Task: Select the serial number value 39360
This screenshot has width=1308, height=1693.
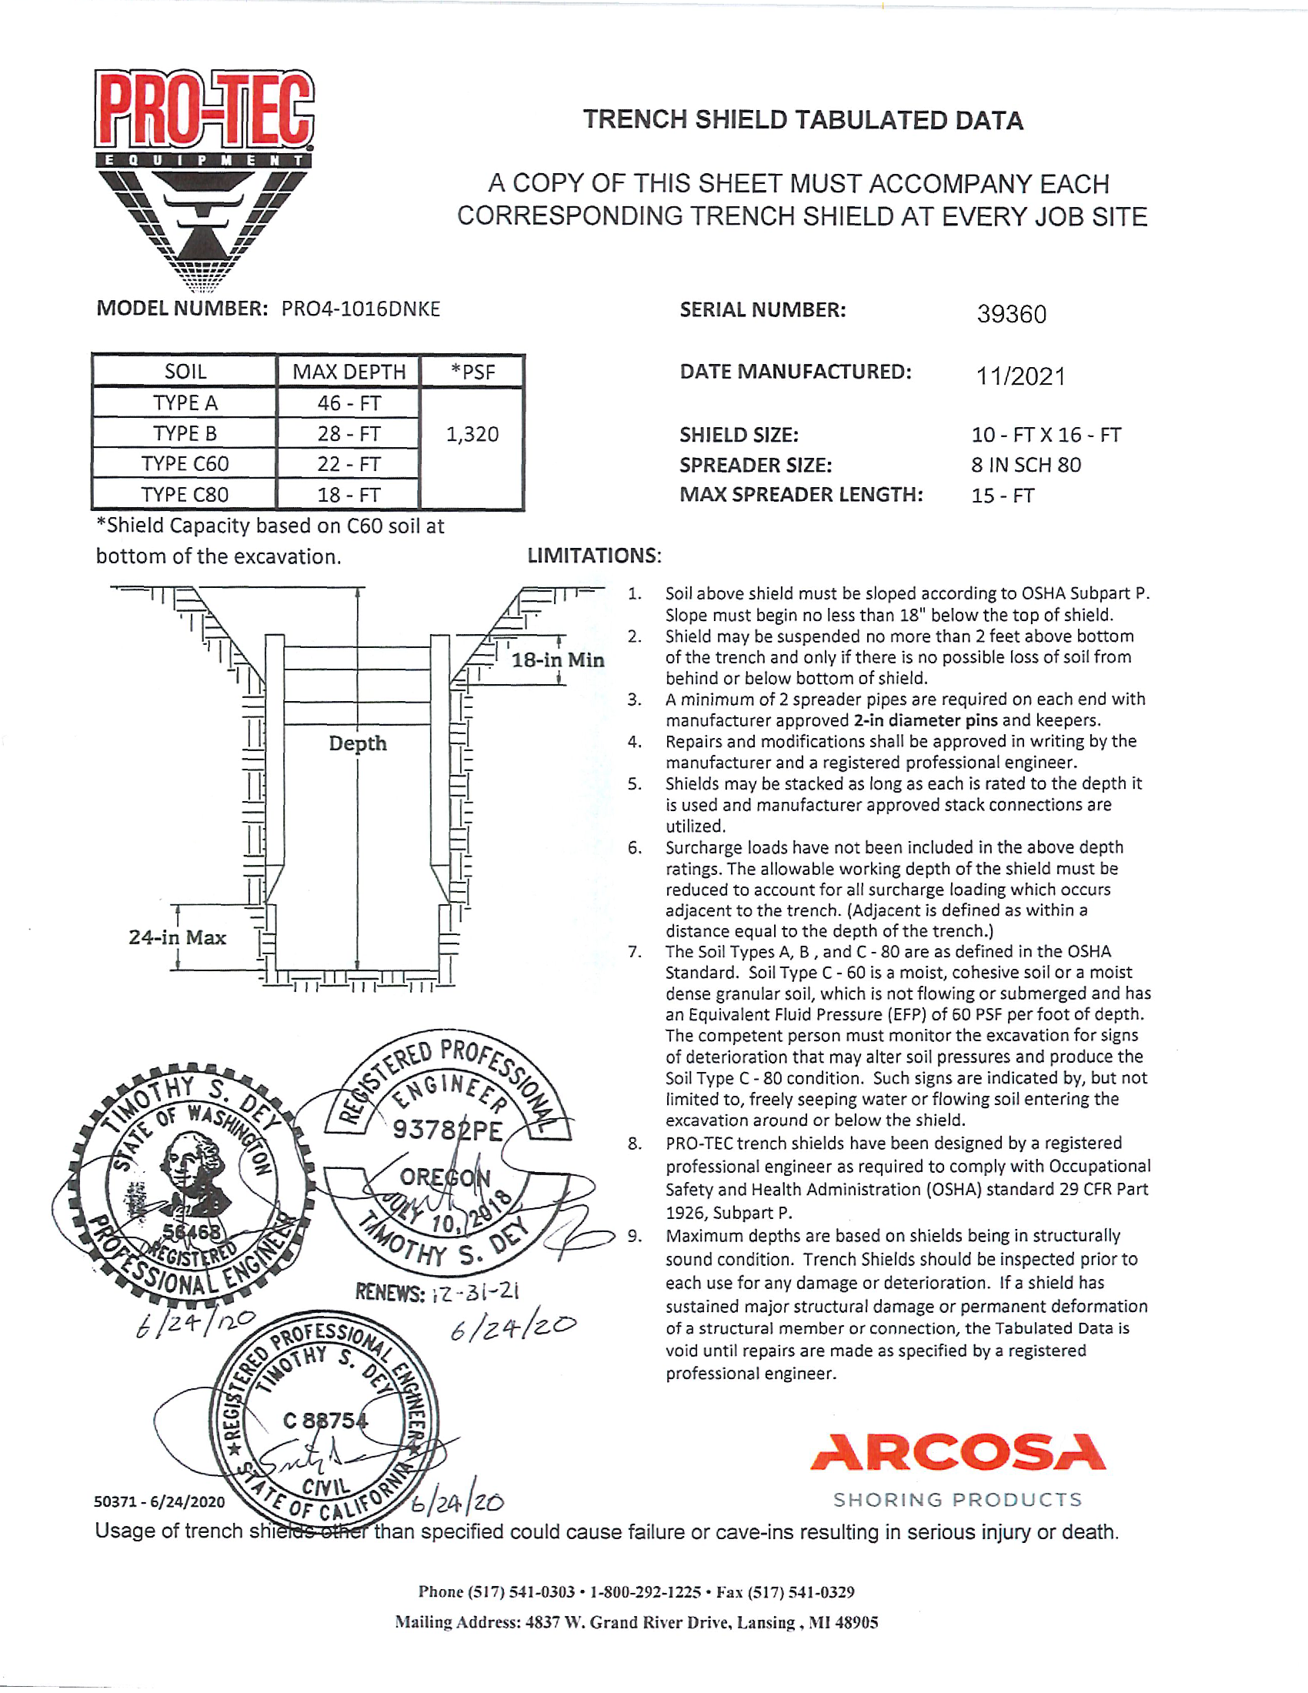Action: pos(1011,314)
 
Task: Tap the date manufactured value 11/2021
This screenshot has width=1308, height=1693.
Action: pos(1019,377)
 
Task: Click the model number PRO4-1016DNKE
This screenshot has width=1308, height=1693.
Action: pos(360,309)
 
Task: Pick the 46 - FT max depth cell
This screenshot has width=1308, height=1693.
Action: pos(349,403)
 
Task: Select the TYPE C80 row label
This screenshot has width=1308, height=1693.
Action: pos(185,495)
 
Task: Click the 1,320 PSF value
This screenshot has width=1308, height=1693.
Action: pos(472,434)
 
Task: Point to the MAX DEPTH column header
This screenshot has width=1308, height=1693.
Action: pos(349,372)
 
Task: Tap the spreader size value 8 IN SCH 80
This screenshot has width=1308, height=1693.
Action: pos(1026,465)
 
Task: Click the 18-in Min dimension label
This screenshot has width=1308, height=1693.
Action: pos(557,660)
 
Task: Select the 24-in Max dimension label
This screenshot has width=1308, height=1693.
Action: pos(178,937)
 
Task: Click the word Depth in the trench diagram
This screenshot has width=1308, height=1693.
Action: pos(357,743)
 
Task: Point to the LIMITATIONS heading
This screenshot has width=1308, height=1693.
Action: pos(594,556)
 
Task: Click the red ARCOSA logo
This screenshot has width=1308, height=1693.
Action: pos(958,1453)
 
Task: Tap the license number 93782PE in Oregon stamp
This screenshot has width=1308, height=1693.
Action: pos(447,1130)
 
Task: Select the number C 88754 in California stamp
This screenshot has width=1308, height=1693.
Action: pos(325,1421)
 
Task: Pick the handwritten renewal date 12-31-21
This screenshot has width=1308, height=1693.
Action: pos(475,1291)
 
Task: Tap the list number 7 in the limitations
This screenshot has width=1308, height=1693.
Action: pos(635,952)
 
